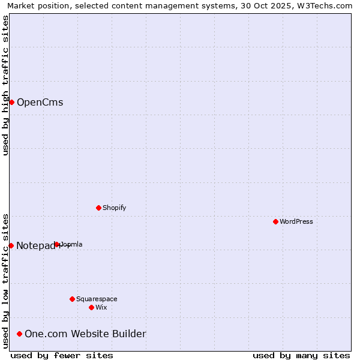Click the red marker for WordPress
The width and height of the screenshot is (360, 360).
click(x=275, y=221)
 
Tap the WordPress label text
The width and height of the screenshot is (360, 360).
click(x=296, y=221)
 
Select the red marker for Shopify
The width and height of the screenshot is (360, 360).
click(x=98, y=208)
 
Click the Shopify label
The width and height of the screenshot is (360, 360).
click(x=114, y=208)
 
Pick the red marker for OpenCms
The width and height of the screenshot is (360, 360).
click(x=11, y=102)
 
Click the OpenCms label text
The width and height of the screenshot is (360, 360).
click(x=40, y=102)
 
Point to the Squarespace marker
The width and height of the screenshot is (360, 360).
click(x=72, y=299)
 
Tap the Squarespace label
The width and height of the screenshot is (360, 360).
click(x=97, y=299)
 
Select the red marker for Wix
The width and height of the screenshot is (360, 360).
click(x=91, y=307)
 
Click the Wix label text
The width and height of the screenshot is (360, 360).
click(x=101, y=307)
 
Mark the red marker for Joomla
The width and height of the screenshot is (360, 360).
click(x=56, y=244)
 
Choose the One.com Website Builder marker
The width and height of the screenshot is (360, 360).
click(x=20, y=334)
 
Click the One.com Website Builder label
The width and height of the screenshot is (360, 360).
click(x=85, y=334)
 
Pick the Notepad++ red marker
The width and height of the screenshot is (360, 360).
click(x=11, y=245)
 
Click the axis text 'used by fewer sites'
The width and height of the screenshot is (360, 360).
click(x=62, y=355)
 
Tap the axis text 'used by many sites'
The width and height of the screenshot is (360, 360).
click(x=301, y=355)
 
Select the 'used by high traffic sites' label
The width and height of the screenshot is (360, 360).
click(x=5, y=85)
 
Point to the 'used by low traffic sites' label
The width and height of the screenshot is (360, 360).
click(x=5, y=281)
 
